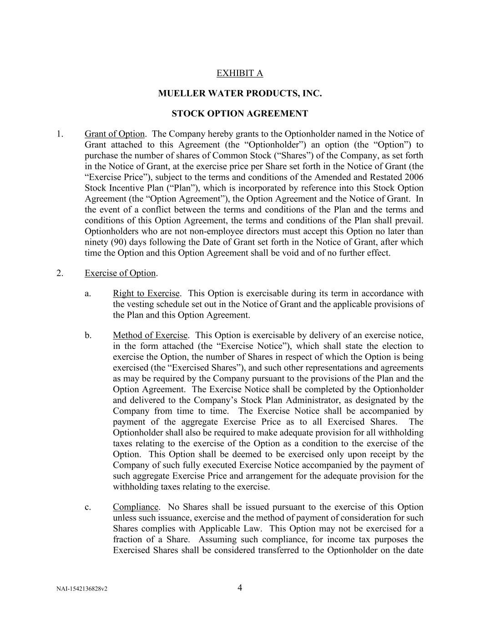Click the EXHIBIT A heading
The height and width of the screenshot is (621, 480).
click(x=239, y=73)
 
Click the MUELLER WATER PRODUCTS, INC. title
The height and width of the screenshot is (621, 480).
click(x=240, y=93)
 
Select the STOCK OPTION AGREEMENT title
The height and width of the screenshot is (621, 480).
click(x=240, y=113)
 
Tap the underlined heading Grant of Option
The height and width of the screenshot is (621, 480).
click(x=115, y=134)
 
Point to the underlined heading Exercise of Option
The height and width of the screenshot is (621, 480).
click(x=120, y=273)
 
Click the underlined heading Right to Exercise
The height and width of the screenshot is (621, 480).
click(x=147, y=293)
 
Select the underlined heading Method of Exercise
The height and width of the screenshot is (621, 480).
click(x=150, y=335)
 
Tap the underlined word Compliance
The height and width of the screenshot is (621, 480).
click(x=136, y=507)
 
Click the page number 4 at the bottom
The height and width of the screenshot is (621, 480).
click(x=240, y=587)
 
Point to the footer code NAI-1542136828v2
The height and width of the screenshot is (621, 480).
click(x=82, y=589)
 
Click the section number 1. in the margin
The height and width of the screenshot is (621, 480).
click(x=60, y=134)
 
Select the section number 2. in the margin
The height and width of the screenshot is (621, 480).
click(x=60, y=273)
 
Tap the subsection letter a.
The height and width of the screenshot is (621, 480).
click(x=88, y=293)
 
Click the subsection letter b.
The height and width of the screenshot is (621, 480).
click(x=88, y=335)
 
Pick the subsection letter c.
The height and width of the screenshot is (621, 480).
click(x=88, y=507)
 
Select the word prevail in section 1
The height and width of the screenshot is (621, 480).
click(x=410, y=221)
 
